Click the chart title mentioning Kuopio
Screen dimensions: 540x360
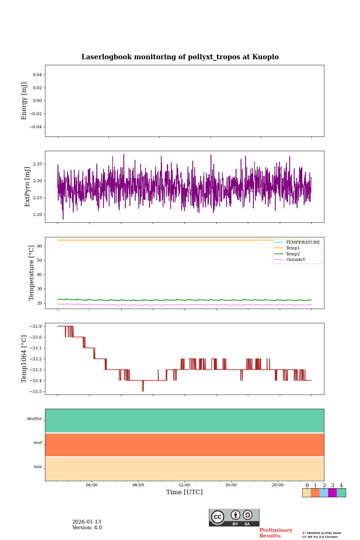point(180,57)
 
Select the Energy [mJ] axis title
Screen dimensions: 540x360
point(24,101)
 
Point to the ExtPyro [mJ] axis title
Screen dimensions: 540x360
point(27,187)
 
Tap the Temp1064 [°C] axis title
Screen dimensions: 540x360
point(24,359)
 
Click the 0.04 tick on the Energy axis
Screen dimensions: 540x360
point(37,75)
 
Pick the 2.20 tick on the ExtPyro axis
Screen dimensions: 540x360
point(37,215)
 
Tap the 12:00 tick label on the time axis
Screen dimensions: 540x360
point(184,485)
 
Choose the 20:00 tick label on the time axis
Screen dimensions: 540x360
point(277,485)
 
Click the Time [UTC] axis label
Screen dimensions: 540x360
point(184,492)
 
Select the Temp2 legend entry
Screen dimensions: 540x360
point(293,254)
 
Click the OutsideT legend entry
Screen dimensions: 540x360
point(295,260)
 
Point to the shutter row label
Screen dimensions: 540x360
point(34,419)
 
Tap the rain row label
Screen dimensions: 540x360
point(38,467)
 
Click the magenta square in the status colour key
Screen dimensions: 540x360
point(332,493)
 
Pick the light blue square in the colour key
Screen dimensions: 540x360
point(324,493)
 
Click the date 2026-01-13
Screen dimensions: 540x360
point(87,522)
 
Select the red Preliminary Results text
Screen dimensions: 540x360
point(276,533)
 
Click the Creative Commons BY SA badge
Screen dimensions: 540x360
point(234,517)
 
